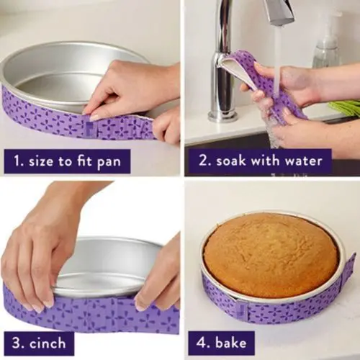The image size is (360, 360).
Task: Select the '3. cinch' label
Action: pos(39,342)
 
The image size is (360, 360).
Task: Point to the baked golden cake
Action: pos(270,254)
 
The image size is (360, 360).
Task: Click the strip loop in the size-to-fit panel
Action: pos(90,129)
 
